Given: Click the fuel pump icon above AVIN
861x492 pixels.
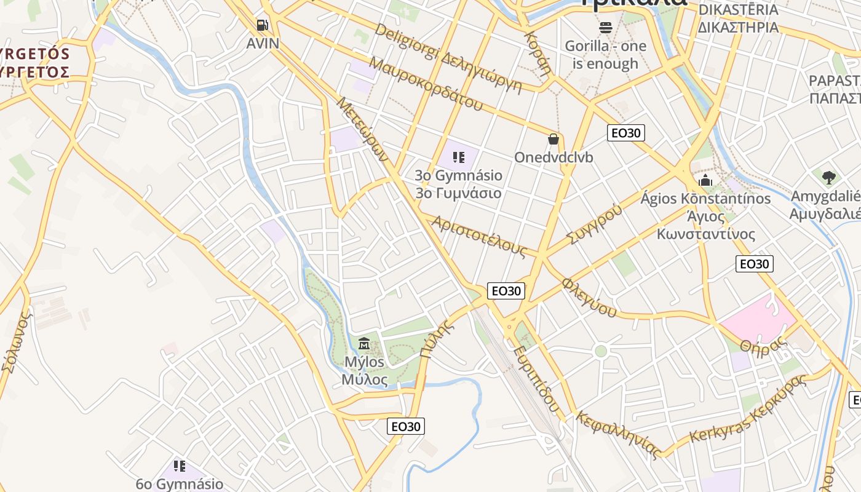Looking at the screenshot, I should click(263, 25).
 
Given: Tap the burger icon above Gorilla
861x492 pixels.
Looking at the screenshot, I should click(606, 28).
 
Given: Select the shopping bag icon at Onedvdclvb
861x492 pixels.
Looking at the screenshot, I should click(553, 140).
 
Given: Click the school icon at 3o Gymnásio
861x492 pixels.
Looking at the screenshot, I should click(458, 157).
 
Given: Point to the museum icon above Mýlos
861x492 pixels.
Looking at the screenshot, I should click(364, 343).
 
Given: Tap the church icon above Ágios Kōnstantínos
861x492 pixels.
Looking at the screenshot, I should click(705, 180).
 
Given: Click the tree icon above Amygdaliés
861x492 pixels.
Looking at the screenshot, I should click(829, 178).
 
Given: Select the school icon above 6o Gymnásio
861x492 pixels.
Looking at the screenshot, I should click(180, 466).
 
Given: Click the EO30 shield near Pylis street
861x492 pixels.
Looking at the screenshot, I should click(506, 291).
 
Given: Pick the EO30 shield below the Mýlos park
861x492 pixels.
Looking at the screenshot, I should click(407, 426).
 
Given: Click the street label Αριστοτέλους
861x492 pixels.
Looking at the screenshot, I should click(479, 236).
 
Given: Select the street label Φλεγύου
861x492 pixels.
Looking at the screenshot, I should click(589, 298).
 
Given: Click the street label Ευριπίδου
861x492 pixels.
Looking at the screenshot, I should click(536, 379).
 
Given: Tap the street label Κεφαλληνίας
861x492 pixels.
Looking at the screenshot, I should click(617, 434).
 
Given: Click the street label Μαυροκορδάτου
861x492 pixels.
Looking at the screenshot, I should click(426, 84).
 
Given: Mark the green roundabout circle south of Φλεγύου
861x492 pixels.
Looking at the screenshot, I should click(601, 351).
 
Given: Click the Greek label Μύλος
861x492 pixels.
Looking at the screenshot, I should click(365, 379).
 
